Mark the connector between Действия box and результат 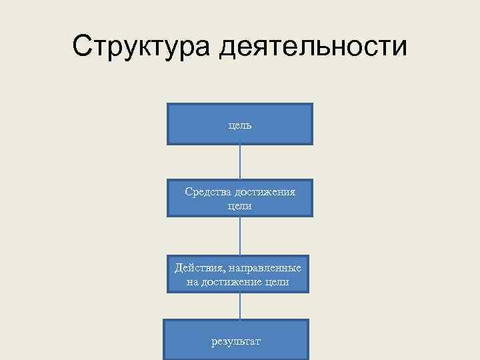tap(240, 307)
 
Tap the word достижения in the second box tap(265, 192)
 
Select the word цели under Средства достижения tap(240, 207)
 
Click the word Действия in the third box tap(198, 268)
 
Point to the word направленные tap(265, 268)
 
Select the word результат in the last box tap(237, 341)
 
